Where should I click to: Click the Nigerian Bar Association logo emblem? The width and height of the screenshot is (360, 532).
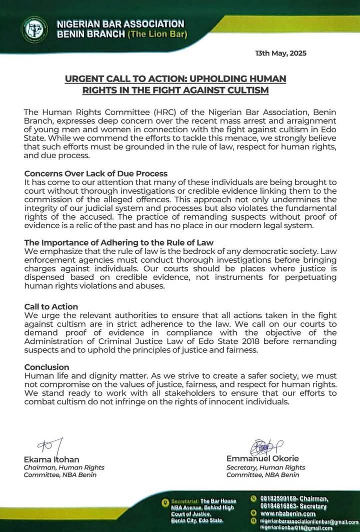(x=34, y=29)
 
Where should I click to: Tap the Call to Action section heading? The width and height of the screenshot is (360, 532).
(x=51, y=307)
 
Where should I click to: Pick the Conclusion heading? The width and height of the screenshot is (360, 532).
(x=46, y=367)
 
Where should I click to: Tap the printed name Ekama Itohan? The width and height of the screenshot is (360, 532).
(x=51, y=459)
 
